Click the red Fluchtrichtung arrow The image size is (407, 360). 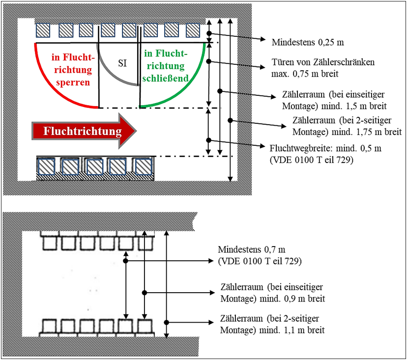(x=84, y=131)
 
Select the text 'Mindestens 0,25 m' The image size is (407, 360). (x=302, y=43)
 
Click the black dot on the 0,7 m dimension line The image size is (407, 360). (x=126, y=261)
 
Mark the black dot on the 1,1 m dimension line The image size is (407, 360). (x=167, y=322)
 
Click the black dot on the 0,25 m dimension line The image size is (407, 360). (x=209, y=33)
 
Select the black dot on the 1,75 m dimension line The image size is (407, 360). (x=230, y=120)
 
